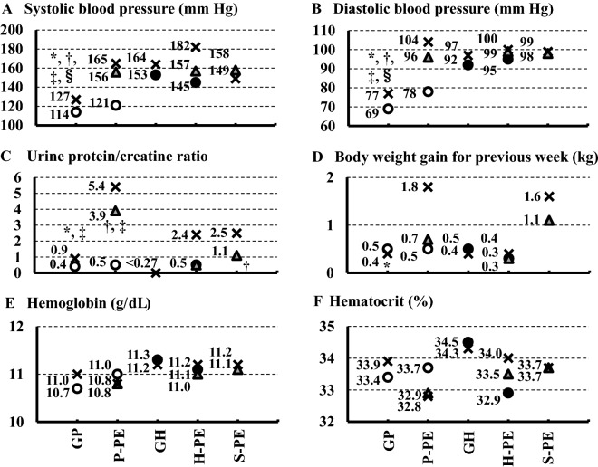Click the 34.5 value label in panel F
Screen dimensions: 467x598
(448, 342)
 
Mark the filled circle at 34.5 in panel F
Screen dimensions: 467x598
(468, 343)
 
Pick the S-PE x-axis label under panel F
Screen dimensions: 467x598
(547, 441)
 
